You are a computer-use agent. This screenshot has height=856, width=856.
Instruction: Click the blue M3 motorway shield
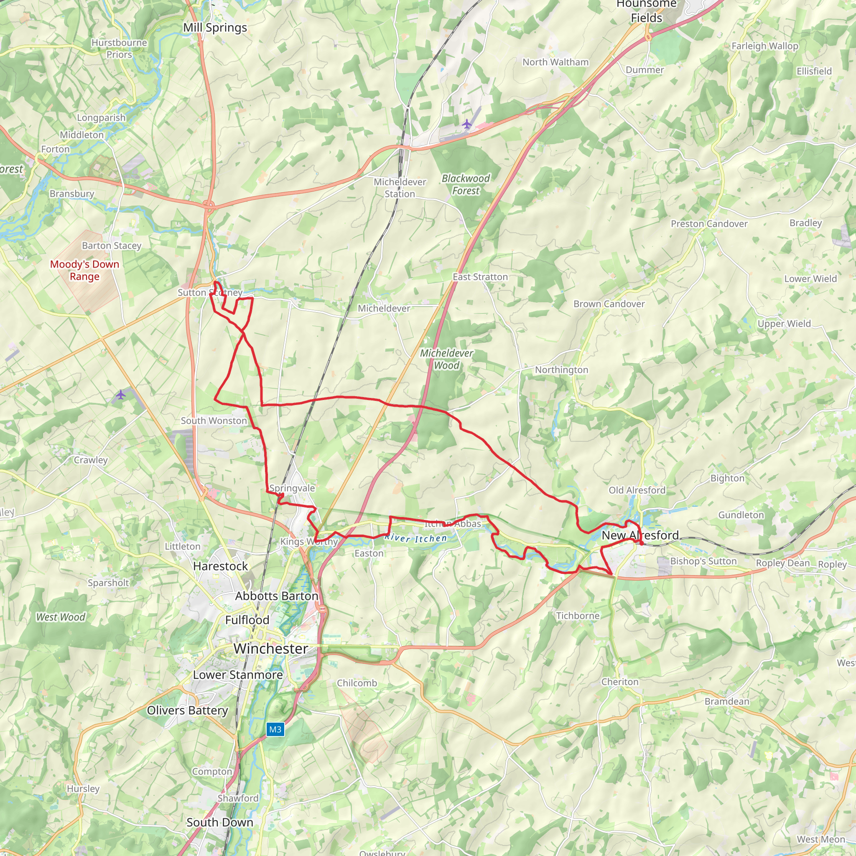coord(275,729)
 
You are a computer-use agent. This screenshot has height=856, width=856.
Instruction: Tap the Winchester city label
coord(271,649)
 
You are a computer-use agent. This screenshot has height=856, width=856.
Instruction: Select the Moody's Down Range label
coord(84,270)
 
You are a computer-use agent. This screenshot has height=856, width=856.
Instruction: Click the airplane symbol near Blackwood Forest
coord(466,124)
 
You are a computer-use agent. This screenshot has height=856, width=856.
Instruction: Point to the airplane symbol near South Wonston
coord(120,394)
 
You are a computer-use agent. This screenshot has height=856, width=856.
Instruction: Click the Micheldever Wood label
coord(447,359)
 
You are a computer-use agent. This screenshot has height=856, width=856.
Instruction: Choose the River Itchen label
coord(415,538)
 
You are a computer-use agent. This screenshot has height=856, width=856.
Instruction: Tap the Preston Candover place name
coord(709,224)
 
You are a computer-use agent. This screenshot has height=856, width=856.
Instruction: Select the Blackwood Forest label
coord(466,184)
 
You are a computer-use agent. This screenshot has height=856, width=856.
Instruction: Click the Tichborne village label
coord(578,615)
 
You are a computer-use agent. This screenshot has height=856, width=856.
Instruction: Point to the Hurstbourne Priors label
coord(119,49)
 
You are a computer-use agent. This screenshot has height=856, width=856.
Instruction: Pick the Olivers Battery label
coord(187,710)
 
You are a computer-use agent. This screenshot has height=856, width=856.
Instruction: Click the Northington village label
coord(561,369)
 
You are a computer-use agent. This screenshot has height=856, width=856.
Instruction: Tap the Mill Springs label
coord(215,28)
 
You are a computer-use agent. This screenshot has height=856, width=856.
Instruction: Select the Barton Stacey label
coord(112,245)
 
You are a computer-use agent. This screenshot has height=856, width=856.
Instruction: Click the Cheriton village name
coord(620,681)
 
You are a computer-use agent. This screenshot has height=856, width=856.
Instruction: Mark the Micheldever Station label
coord(400,188)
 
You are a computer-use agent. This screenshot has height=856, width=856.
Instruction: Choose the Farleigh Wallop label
coord(765,46)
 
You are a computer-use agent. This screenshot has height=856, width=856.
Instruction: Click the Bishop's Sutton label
coord(703,561)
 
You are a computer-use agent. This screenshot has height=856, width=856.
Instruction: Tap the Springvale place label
coord(292,488)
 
